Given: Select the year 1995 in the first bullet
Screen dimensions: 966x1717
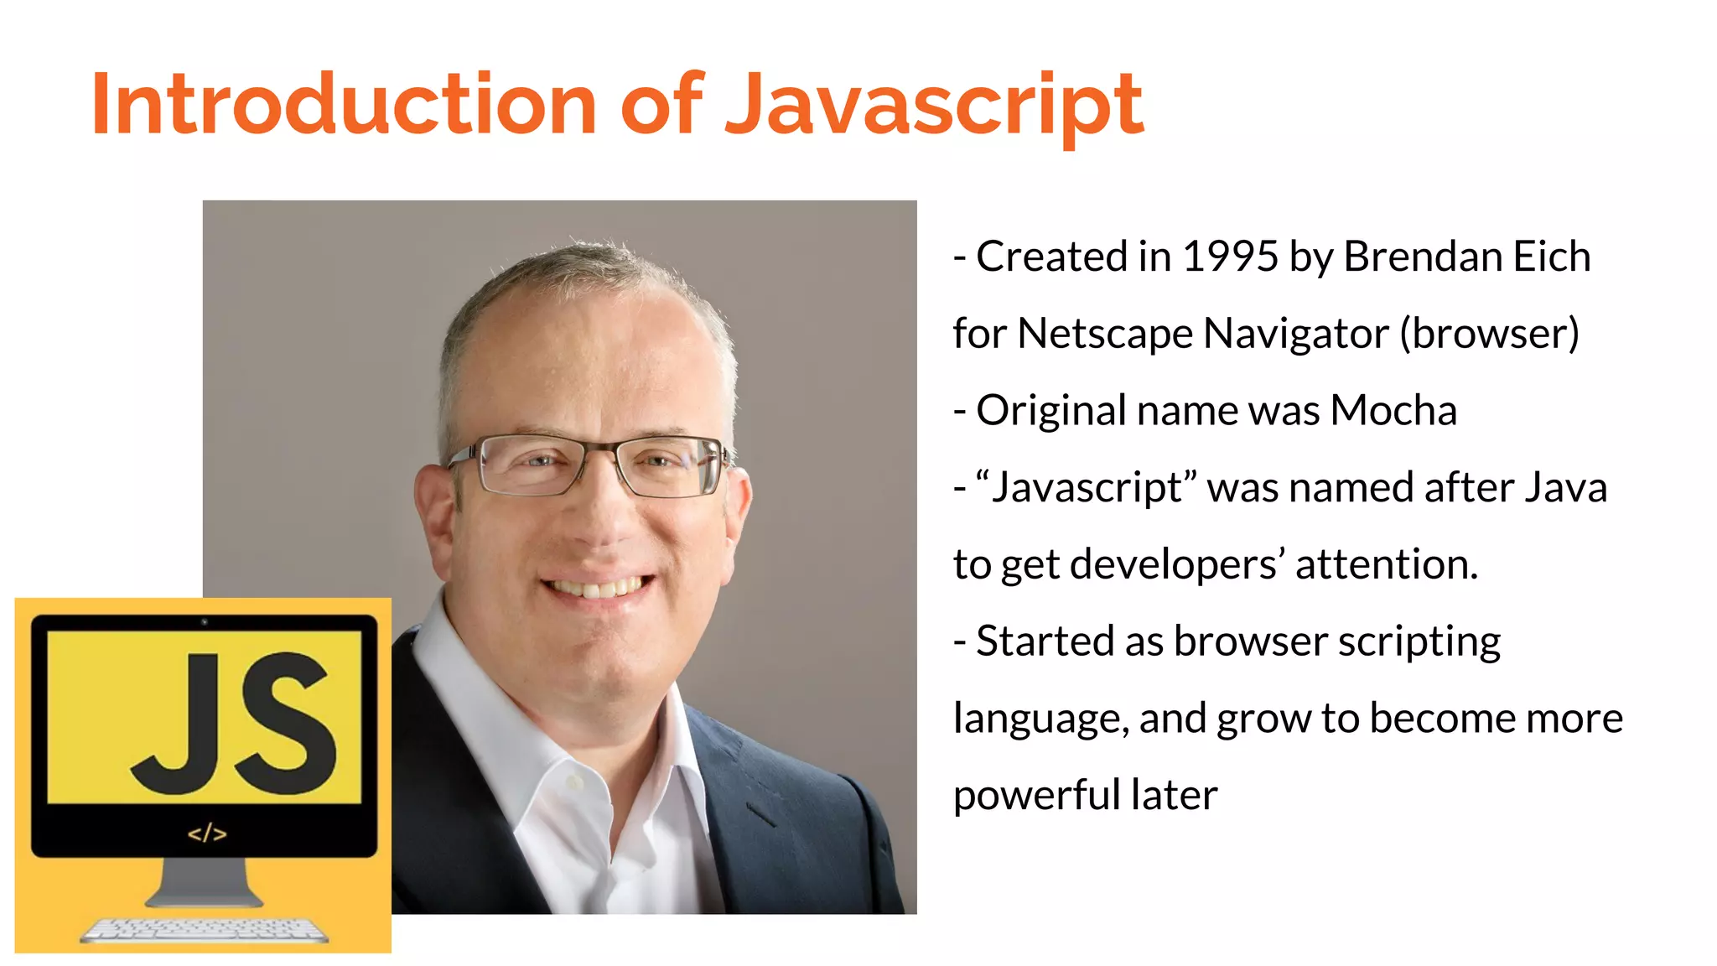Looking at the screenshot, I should tap(1229, 257).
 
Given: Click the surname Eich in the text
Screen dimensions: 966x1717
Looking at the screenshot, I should tap(1551, 257).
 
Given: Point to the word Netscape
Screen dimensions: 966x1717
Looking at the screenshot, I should tap(1105, 334).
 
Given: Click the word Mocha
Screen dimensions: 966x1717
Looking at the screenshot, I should tap(1393, 411).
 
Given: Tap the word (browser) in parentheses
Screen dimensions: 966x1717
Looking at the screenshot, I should tap(1489, 334).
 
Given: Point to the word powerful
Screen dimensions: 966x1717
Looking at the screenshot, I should tap(1036, 796).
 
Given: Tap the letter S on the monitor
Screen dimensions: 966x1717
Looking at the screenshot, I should tap(284, 721).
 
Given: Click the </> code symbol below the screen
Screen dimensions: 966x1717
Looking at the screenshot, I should tap(206, 834).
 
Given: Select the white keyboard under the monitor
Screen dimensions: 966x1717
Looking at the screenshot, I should tap(205, 930).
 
